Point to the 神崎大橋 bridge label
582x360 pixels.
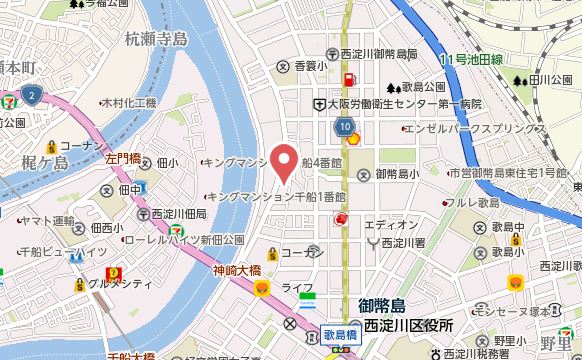click(236, 269)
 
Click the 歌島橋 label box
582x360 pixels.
click(340, 337)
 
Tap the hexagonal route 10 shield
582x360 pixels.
click(345, 127)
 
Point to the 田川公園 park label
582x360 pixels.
click(549, 79)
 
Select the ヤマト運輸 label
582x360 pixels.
click(47, 220)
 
